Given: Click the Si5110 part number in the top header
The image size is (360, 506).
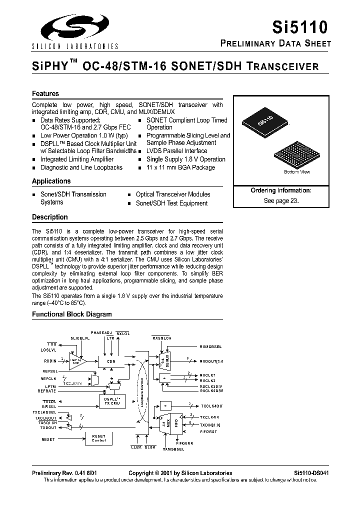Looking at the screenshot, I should coord(306,26).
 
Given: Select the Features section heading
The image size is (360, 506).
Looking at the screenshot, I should coord(45,93).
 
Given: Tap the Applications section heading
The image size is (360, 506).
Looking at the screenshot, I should coord(51,181).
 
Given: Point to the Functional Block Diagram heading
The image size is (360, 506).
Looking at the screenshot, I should coord(72,314).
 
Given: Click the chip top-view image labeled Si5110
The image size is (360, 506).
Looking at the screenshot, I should coord(264,121).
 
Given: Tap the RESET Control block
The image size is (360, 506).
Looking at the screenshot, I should coord(98,439).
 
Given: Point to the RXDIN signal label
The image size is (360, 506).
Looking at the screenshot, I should coord(50,361).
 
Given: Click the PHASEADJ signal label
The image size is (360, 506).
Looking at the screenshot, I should coord(101,332).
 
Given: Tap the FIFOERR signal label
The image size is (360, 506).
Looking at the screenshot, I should coord(184,443).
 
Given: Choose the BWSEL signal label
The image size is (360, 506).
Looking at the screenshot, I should coord(49,406).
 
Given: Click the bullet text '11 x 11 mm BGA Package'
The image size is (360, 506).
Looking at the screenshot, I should coord(180,167).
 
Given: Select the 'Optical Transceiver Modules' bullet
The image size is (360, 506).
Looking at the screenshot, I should coord(173,194).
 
